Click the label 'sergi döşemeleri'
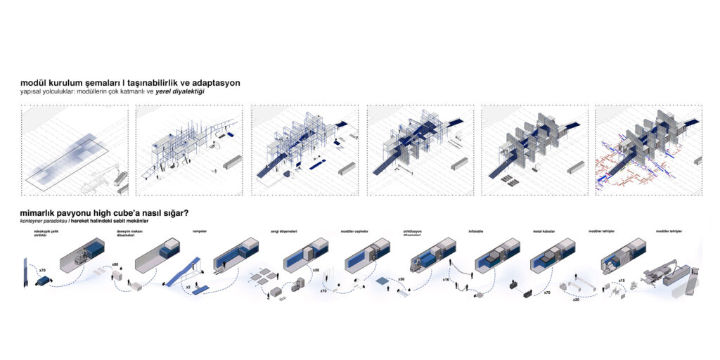click(284, 231)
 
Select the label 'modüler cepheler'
click(354, 231)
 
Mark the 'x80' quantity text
click(116, 264)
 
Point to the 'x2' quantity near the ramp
click(188, 287)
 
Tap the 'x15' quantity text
click(622, 281)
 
